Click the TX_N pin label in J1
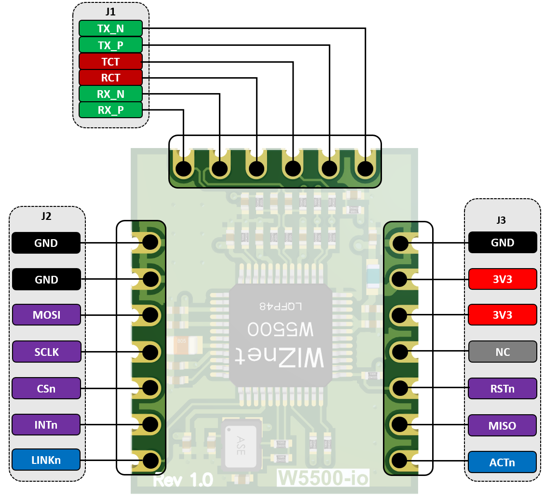[110, 28]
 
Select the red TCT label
[110, 62]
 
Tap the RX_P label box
[110, 110]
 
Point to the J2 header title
[46, 217]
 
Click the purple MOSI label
[46, 315]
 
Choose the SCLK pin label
[46, 352]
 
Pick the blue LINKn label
[46, 460]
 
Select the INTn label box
[46, 425]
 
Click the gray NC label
[502, 352]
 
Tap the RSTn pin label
[502, 389]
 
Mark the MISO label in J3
[502, 425]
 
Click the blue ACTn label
[502, 462]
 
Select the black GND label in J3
[502, 243]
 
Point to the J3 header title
[502, 220]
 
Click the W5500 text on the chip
[280, 330]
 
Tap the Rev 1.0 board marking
[183, 480]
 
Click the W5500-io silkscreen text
[323, 478]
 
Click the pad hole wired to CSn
[150, 387]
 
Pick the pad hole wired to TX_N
[365, 169]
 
